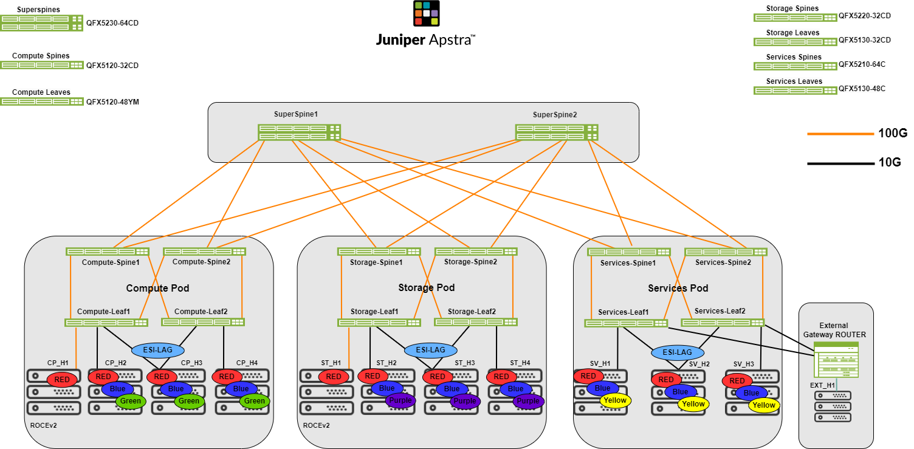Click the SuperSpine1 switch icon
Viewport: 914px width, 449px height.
pyautogui.click(x=299, y=132)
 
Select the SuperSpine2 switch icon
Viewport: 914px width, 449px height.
pyautogui.click(x=557, y=132)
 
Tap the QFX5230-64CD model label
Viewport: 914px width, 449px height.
pyautogui.click(x=112, y=23)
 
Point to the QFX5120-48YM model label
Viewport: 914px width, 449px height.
pyautogui.click(x=112, y=102)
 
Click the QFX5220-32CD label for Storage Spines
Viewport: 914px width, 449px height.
pyautogui.click(x=864, y=16)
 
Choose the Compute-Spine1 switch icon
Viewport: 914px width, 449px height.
pyautogui.click(x=108, y=252)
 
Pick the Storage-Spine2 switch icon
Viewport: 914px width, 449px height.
pyautogui.click(x=476, y=252)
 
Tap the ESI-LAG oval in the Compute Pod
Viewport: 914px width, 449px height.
pyautogui.click(x=158, y=351)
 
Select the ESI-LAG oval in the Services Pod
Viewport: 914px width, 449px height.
pyautogui.click(x=677, y=352)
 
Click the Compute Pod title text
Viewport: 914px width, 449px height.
pyautogui.click(x=153, y=288)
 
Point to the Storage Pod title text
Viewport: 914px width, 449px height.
pyautogui.click(x=426, y=287)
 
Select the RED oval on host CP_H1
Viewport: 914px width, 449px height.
pyautogui.click(x=62, y=380)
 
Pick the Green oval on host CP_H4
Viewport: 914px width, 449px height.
pyautogui.click(x=254, y=400)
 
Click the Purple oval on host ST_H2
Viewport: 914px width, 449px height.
pyautogui.click(x=400, y=400)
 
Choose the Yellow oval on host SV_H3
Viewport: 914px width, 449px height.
pyautogui.click(x=764, y=405)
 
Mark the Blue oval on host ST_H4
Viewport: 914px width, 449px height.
pyautogui.click(x=515, y=389)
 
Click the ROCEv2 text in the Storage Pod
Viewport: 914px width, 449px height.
pyautogui.click(x=316, y=425)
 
